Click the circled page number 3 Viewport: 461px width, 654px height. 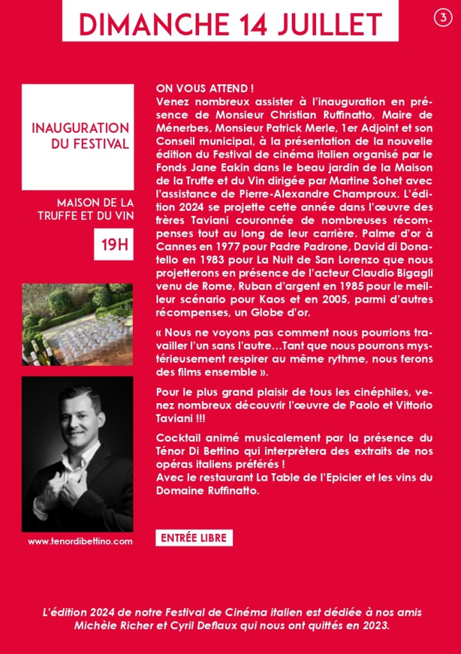[x=442, y=19]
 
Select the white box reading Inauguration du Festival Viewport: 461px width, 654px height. [x=78, y=136]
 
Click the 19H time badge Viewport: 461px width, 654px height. [x=114, y=245]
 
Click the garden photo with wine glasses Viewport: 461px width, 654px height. [x=78, y=324]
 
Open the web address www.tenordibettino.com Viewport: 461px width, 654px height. [x=80, y=541]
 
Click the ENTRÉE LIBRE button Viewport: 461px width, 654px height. [x=194, y=538]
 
